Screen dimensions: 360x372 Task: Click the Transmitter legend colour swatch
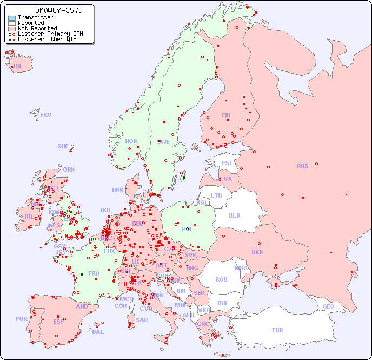point(12,18)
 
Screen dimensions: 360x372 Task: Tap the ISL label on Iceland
point(18,67)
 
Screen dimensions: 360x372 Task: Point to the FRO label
point(46,115)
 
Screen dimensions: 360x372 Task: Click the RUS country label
point(302,166)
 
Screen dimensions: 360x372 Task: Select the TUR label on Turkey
point(277,330)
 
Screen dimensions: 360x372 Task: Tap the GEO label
point(328,306)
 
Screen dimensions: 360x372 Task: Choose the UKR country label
point(257,252)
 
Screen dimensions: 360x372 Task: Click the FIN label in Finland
point(226,115)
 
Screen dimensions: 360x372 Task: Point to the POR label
point(21,319)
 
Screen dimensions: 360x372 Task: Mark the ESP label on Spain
point(58,322)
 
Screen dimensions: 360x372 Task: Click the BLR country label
point(235,215)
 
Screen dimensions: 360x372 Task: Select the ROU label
point(221,279)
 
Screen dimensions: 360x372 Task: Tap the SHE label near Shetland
point(63,146)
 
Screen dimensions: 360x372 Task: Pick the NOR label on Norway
point(131,141)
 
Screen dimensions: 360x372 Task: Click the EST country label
point(227,163)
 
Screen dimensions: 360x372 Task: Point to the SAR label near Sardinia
point(142,320)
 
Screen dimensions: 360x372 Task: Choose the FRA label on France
point(94,273)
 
